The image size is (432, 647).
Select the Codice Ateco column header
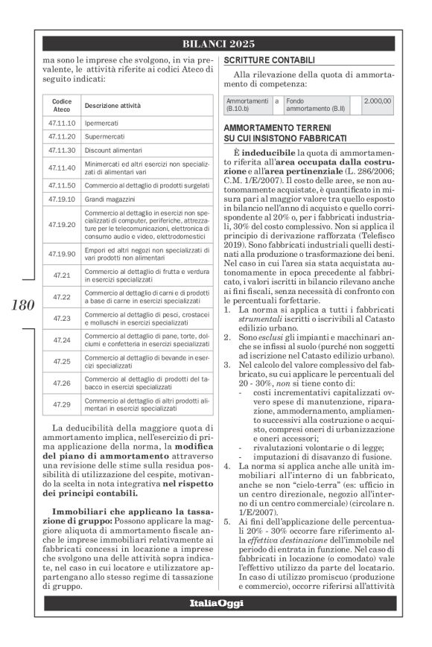(x=61, y=104)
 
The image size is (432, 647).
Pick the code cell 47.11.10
(x=61, y=122)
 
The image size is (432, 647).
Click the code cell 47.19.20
(x=61, y=223)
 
